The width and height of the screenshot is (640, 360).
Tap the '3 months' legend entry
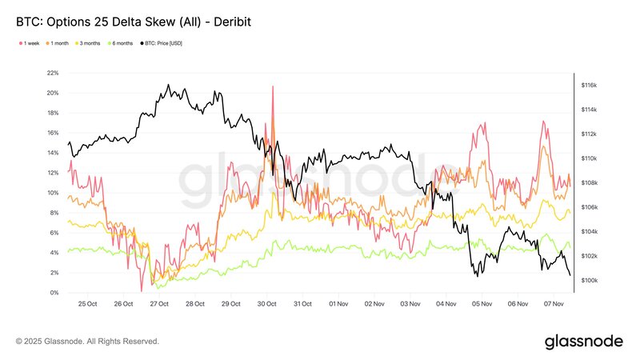point(90,42)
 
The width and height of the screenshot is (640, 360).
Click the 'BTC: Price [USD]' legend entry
point(162,42)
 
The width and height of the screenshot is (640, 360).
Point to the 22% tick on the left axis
point(54,73)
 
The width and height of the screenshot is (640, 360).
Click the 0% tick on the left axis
point(55,293)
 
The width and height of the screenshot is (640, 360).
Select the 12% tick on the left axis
point(54,173)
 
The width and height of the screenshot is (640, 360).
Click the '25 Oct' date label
point(87,304)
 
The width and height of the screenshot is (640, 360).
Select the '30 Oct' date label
point(266,304)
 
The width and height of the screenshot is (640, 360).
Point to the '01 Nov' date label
point(338,304)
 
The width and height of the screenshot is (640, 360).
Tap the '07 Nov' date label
point(553,304)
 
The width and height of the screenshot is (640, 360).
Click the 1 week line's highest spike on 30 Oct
point(274,86)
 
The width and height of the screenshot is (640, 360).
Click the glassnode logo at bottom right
point(584,342)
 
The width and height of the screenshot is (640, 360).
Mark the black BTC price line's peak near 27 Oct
point(168,85)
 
